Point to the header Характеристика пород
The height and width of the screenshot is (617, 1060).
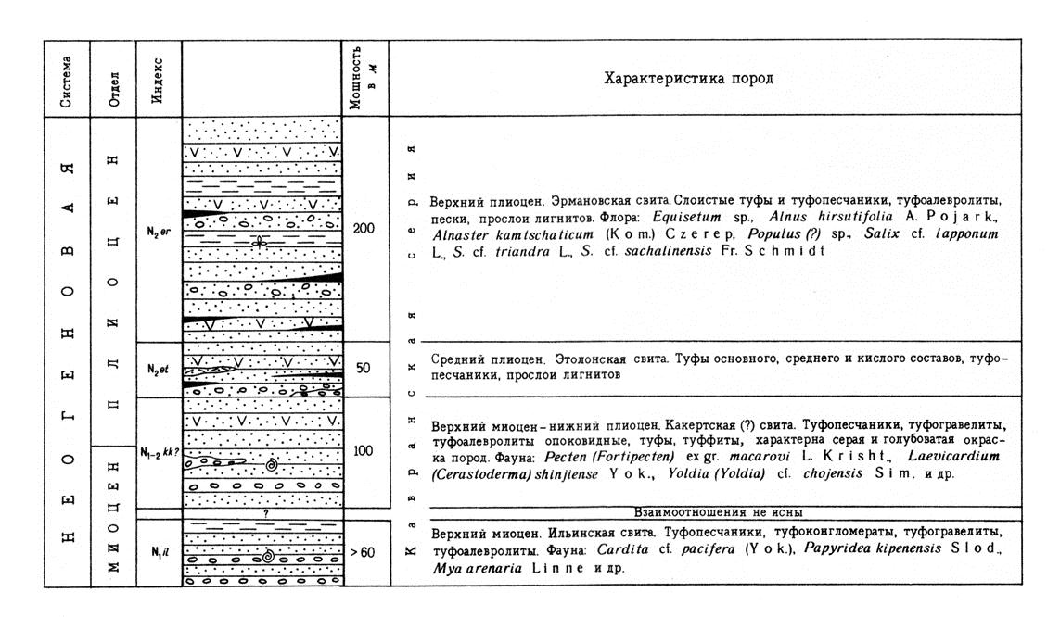pyautogui.click(x=688, y=79)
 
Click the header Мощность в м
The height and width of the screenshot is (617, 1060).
pyautogui.click(x=364, y=77)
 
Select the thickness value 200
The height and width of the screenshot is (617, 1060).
pyautogui.click(x=364, y=228)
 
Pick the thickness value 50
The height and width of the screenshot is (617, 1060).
pyautogui.click(x=364, y=368)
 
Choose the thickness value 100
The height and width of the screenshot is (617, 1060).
pyautogui.click(x=364, y=450)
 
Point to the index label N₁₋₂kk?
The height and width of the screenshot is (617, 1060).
pyautogui.click(x=159, y=452)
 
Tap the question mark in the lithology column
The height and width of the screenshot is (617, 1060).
pyautogui.click(x=264, y=512)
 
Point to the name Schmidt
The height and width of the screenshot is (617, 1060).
pyautogui.click(x=801, y=251)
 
